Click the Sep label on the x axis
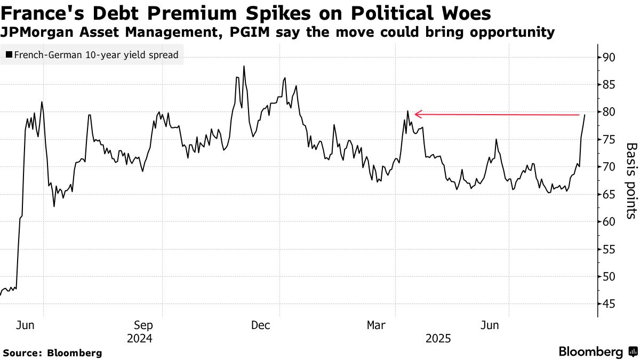(x=143, y=325)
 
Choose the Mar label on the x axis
(x=377, y=325)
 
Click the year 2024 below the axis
(x=139, y=339)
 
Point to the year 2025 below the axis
(x=438, y=339)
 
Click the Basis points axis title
(x=631, y=181)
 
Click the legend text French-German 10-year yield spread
(x=96, y=54)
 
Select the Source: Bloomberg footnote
(x=52, y=353)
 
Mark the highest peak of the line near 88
(x=244, y=67)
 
